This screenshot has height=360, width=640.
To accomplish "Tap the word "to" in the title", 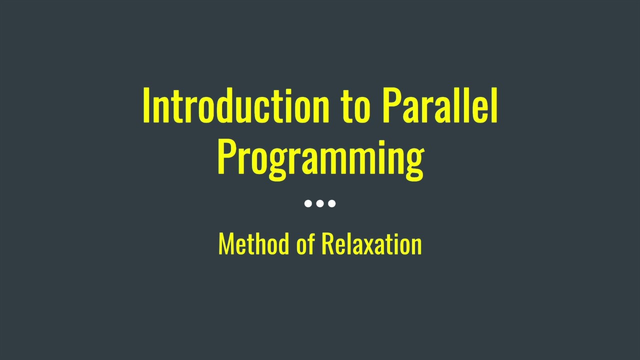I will (x=355, y=107).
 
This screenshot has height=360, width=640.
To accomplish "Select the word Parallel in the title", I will (x=439, y=106).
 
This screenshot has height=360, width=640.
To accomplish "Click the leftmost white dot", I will (x=308, y=203).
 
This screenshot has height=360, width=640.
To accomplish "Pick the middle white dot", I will (x=320, y=203).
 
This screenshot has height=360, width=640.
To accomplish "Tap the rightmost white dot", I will (x=332, y=203).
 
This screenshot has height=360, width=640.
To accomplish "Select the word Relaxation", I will (x=371, y=244).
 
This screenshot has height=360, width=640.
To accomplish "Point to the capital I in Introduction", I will (x=146, y=106).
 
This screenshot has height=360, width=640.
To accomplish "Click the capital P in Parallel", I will (x=390, y=106).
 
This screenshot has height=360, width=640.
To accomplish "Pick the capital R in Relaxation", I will (x=327, y=244).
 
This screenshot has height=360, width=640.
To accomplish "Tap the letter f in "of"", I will (x=310, y=243).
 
